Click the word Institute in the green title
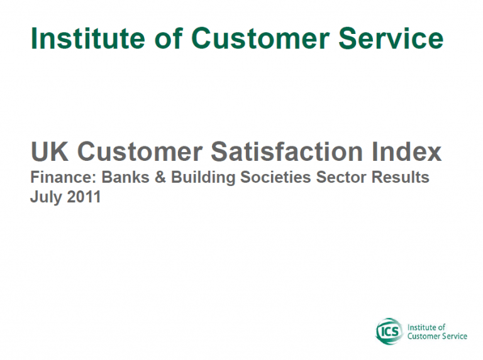coord(88,38)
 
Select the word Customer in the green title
coord(260,38)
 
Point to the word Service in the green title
coord(391,38)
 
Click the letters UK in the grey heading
coord(50,151)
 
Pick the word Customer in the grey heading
coord(140,151)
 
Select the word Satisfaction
coord(287,151)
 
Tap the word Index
coord(407,151)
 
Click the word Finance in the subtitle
coord(64,177)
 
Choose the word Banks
coord(125,177)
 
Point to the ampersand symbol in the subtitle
coord(160,177)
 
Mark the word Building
coord(203,178)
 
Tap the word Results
coord(400,177)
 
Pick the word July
coord(46,197)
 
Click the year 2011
coord(84,197)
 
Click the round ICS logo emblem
coord(389,331)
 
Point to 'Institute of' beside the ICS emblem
coord(426,327)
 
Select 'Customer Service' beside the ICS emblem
coord(438,336)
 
